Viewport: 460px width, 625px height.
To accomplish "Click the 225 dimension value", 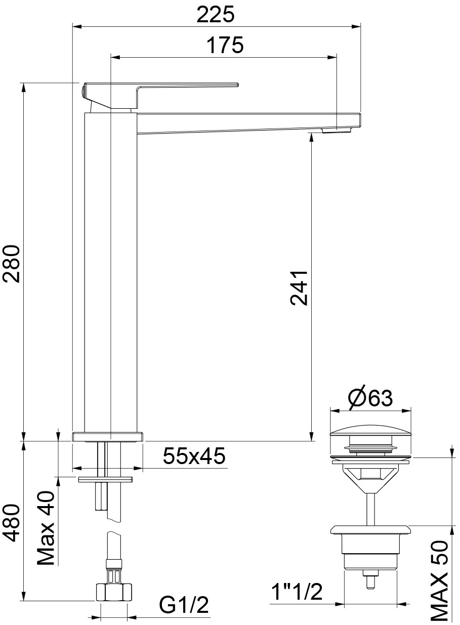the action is [216, 15].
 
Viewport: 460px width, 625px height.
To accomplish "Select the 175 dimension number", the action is [225, 45].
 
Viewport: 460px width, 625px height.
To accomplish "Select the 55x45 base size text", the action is [194, 456].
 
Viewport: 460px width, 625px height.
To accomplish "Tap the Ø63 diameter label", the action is [370, 398].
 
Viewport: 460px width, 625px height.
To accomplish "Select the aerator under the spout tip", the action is [337, 130].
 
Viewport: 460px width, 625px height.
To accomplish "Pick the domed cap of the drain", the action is [370, 430].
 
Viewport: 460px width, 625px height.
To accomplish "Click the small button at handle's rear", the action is [83, 91].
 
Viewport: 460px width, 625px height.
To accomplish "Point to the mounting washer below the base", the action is [105, 480].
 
